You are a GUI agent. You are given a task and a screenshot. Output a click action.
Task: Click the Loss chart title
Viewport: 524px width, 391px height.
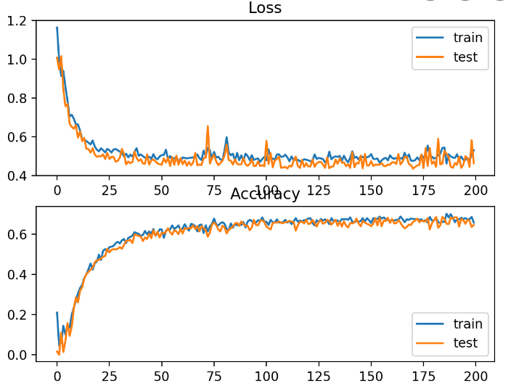tap(264, 8)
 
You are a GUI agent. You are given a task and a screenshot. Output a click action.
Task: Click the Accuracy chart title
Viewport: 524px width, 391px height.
tap(264, 194)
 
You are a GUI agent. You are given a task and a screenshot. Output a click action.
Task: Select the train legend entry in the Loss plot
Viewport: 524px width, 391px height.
tap(467, 38)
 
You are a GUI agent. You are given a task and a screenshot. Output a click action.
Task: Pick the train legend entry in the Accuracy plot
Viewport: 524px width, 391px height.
tap(467, 324)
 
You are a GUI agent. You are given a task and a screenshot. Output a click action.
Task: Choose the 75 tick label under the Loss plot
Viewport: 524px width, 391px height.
tap(213, 190)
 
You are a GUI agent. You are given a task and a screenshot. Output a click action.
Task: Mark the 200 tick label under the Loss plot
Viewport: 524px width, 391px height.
tap(475, 190)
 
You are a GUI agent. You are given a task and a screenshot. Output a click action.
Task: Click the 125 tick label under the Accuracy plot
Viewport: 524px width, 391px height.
tap(318, 376)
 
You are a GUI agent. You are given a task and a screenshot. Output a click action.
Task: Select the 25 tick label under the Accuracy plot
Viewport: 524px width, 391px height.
tap(109, 376)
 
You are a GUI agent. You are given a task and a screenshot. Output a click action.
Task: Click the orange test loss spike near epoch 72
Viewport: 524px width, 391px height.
tap(208, 126)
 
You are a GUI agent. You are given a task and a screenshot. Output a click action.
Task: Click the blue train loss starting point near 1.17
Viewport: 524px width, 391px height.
tap(57, 28)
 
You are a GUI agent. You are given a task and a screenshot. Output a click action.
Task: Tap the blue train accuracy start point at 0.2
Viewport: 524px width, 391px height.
tap(57, 313)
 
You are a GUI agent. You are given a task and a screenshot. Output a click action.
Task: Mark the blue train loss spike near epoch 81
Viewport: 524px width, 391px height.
tap(226, 137)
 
